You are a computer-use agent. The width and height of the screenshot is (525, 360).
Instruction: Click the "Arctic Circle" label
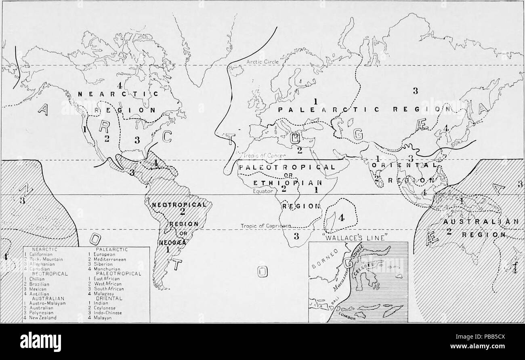tap(260, 62)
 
